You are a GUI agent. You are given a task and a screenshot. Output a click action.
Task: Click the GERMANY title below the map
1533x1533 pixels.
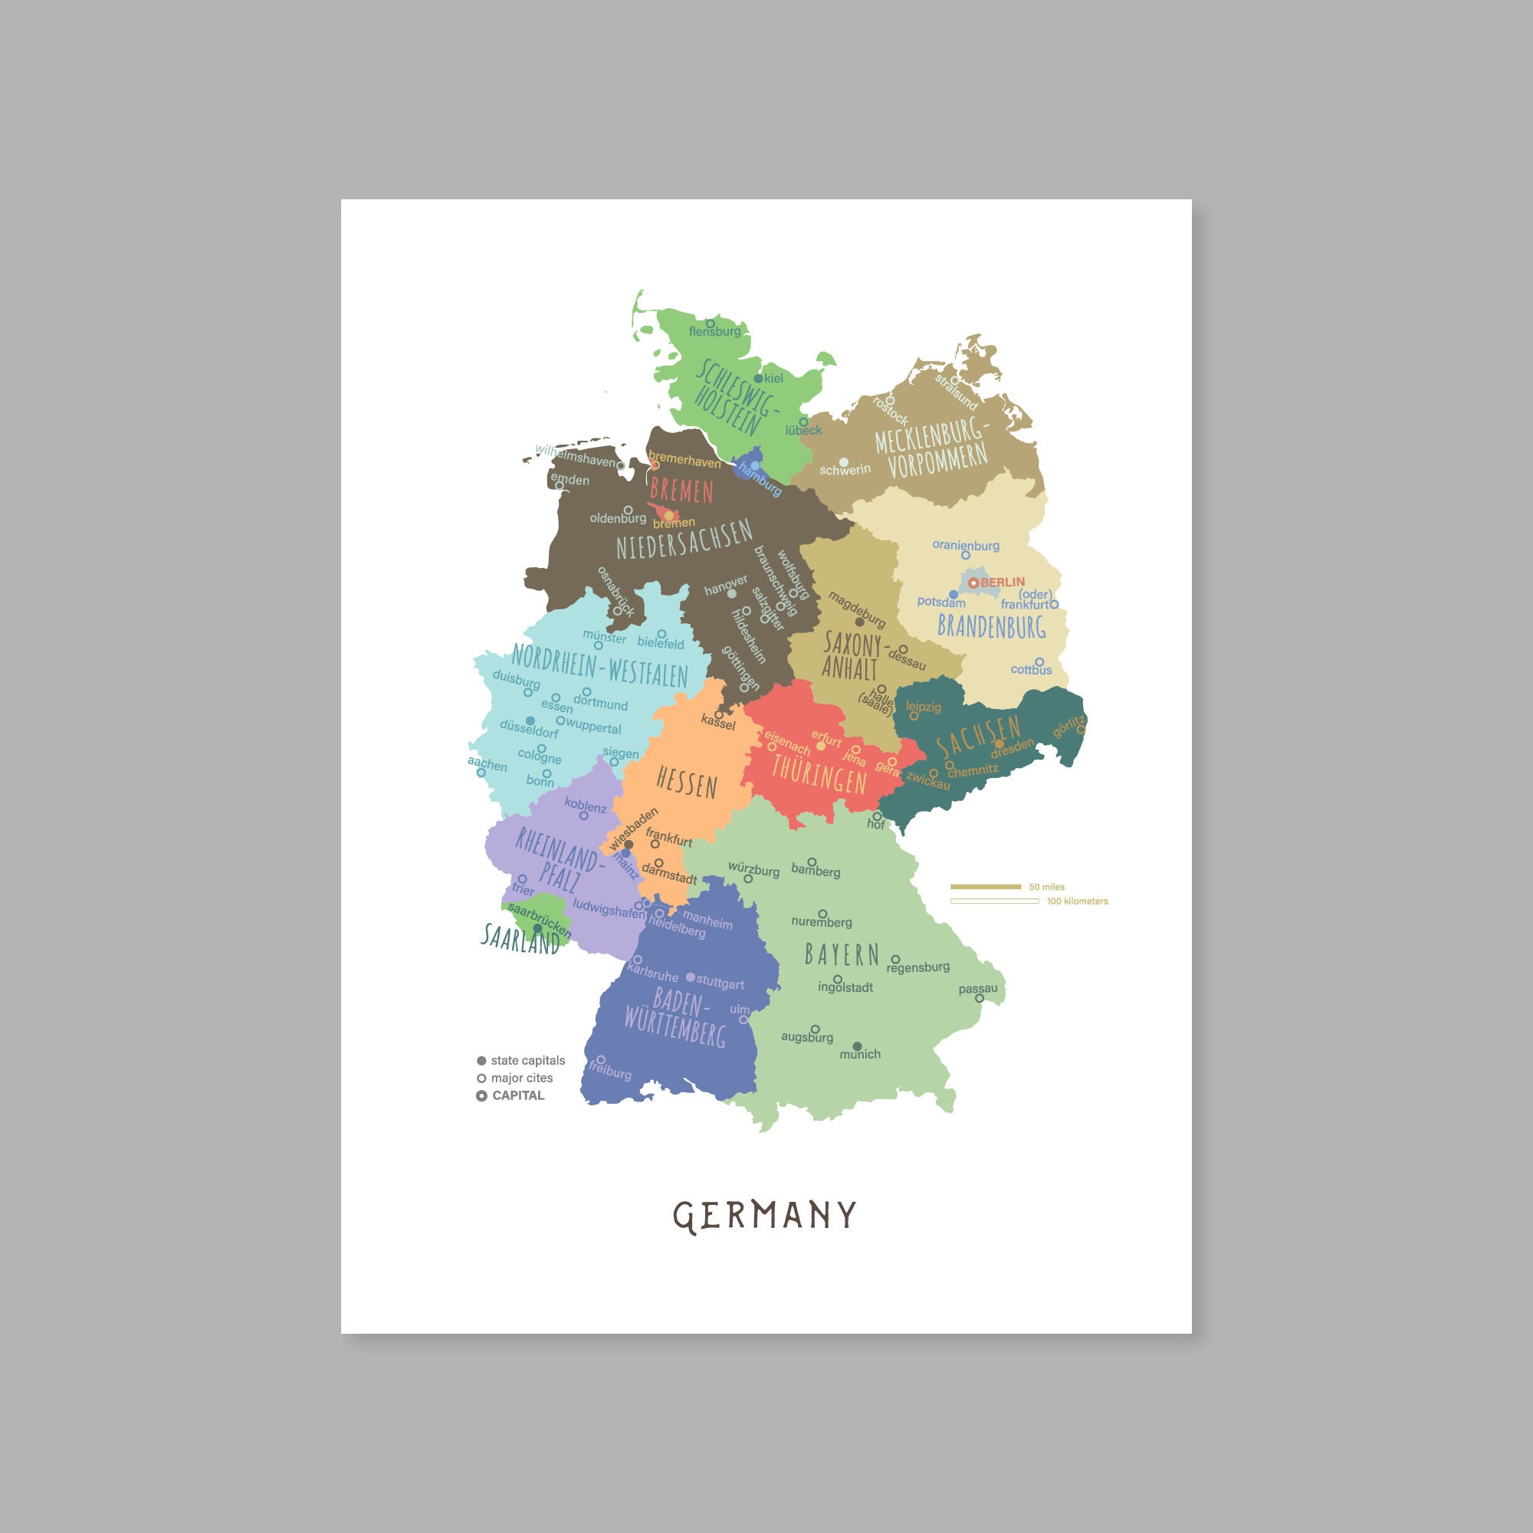[765, 1215]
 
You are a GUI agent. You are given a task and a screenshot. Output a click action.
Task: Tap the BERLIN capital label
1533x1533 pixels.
[1002, 582]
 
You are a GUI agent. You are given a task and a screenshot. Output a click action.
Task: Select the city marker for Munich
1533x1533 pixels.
[857, 1046]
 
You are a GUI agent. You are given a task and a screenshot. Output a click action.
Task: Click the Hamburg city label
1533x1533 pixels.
[760, 479]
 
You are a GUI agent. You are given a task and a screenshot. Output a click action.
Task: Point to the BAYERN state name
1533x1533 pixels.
[842, 954]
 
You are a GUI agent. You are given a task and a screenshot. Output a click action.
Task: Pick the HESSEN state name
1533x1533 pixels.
[687, 784]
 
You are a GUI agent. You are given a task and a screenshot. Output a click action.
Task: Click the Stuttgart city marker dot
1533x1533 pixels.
[691, 977]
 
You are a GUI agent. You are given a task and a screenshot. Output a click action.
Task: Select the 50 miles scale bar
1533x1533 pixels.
[986, 886]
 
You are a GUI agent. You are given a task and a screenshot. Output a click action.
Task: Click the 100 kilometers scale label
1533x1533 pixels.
[1077, 901]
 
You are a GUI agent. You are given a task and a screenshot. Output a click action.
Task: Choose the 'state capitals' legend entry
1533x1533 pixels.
[527, 1060]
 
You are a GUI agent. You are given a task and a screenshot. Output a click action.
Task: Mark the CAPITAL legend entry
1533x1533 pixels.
[518, 1095]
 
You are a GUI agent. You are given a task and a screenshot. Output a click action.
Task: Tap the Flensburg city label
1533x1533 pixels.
[715, 332]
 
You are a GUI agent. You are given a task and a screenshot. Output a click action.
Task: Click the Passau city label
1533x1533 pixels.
[977, 989]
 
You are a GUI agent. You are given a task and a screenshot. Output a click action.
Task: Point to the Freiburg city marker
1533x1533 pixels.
[602, 1059]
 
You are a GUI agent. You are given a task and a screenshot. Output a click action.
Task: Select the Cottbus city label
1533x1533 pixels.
[1031, 670]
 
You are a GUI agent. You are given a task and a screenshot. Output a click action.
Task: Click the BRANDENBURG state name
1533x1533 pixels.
[991, 627]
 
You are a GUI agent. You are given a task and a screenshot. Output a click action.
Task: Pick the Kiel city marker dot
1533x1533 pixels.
[759, 379]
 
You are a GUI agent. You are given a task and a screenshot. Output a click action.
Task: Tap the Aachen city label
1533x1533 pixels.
[487, 764]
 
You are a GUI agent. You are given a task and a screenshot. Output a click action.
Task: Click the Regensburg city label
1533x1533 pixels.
[918, 967]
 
